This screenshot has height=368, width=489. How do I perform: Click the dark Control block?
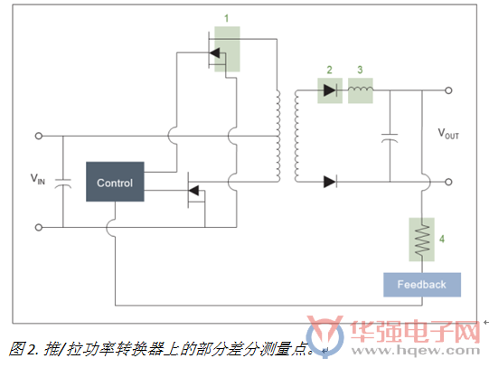(115, 182)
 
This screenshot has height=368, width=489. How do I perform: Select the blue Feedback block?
(422, 285)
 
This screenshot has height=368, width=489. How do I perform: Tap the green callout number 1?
(227, 18)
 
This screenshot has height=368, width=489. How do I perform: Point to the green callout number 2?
(329, 70)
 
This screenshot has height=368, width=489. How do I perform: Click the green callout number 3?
(360, 70)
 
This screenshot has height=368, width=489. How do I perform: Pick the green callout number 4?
(442, 239)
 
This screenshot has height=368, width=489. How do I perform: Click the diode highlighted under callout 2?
(330, 90)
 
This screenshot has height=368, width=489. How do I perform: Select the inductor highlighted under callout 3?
(361, 89)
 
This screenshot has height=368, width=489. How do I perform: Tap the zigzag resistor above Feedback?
(422, 240)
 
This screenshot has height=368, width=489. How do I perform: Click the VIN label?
(38, 179)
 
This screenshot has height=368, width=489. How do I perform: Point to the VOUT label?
(448, 134)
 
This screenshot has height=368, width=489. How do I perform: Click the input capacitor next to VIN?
(63, 184)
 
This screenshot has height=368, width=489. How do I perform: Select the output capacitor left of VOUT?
(390, 137)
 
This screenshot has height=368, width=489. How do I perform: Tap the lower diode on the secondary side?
(330, 182)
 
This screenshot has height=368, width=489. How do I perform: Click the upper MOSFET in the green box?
(217, 53)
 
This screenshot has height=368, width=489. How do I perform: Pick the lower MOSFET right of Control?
(196, 190)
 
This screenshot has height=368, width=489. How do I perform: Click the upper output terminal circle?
(448, 90)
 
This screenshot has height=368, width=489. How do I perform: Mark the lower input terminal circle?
(38, 227)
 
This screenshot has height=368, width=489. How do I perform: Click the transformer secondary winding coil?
(296, 136)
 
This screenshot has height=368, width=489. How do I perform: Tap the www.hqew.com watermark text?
(416, 351)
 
